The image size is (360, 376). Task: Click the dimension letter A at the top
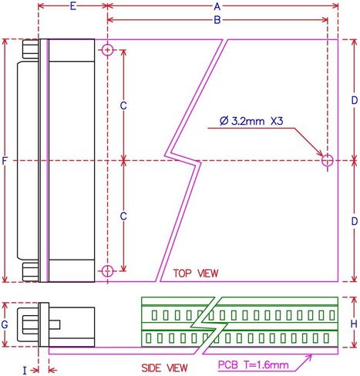pos(217,6)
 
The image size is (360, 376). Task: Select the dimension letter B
pos(217,20)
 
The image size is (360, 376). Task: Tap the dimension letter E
pos(73,6)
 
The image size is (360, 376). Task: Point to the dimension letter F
pos(5,161)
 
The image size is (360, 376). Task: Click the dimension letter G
pos(5,324)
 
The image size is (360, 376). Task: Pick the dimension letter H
pos(354,324)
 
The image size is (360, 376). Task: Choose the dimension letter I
pos(25,371)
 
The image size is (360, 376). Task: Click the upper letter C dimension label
pos(123,106)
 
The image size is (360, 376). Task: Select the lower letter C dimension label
pos(123,217)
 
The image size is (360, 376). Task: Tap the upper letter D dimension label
pos(355,100)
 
